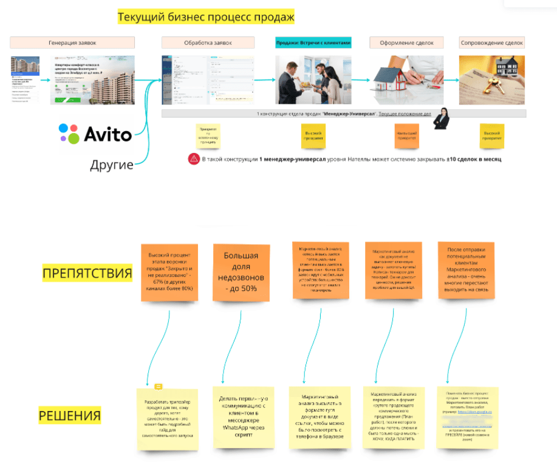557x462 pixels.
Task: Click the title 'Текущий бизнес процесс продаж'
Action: (x=206, y=17)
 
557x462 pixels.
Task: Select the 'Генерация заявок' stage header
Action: (x=72, y=42)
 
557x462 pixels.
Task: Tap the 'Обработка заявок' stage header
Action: (x=208, y=42)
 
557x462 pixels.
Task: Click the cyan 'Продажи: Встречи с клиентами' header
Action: (x=313, y=42)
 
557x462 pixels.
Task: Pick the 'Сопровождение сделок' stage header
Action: (x=492, y=42)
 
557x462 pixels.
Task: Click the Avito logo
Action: (x=95, y=134)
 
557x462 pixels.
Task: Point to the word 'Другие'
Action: (x=112, y=165)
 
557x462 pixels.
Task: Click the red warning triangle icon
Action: (x=194, y=158)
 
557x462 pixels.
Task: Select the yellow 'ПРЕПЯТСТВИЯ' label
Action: (x=87, y=273)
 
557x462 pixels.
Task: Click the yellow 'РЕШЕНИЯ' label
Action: (x=70, y=416)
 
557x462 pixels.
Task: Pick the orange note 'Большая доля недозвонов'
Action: (x=241, y=271)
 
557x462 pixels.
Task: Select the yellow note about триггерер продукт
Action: (x=167, y=419)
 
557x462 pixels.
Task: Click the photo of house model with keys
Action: (x=492, y=80)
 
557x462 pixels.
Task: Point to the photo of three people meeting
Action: (x=313, y=80)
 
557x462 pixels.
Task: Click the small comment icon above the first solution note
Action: (x=159, y=387)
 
